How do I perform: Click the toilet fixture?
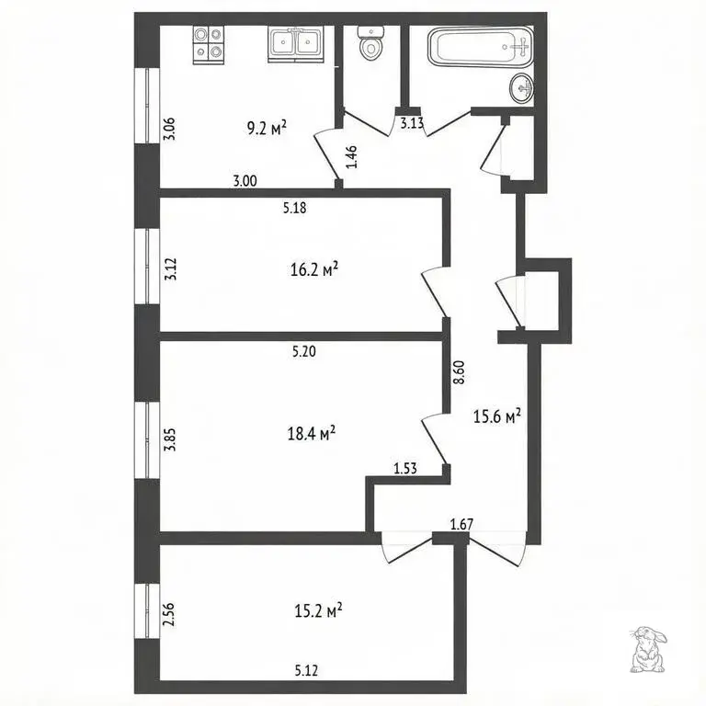pos(371,43)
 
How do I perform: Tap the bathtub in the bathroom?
pos(481,47)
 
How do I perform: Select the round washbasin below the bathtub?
pos(522,88)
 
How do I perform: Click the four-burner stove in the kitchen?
pos(209,44)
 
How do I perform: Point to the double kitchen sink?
pos(295,44)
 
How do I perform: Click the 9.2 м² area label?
pos(267,129)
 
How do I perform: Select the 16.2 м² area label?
pos(314,269)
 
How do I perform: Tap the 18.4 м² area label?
pos(312,434)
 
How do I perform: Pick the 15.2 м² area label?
pos(318,611)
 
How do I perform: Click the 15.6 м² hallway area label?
pos(497,416)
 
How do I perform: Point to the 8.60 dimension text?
pos(460,372)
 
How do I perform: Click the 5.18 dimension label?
pos(295,208)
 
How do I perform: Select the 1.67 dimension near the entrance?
pos(462,524)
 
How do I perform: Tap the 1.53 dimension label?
pos(405,469)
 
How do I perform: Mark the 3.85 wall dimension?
pos(170,439)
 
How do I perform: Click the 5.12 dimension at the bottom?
pos(307,671)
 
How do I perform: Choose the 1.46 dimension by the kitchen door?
pos(352,156)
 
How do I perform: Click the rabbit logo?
pos(647,649)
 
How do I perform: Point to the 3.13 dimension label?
pos(412,123)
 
